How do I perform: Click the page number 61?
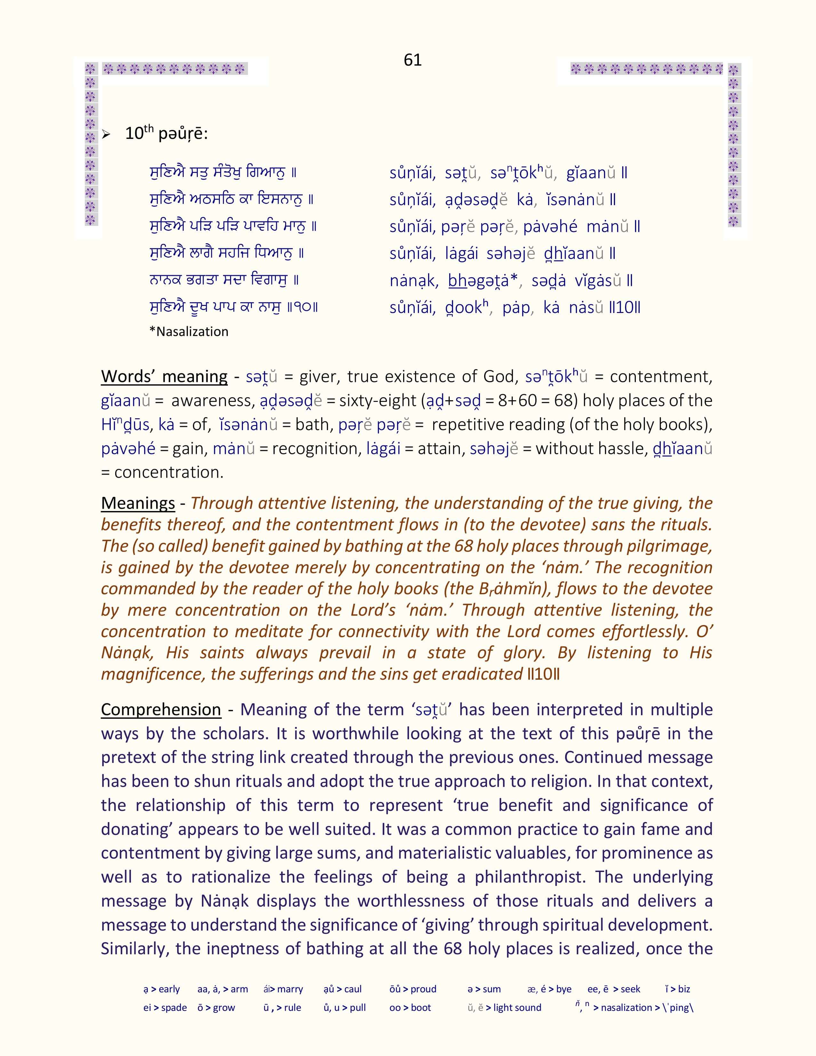pyautogui.click(x=412, y=60)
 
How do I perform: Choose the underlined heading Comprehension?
pyautogui.click(x=161, y=709)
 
